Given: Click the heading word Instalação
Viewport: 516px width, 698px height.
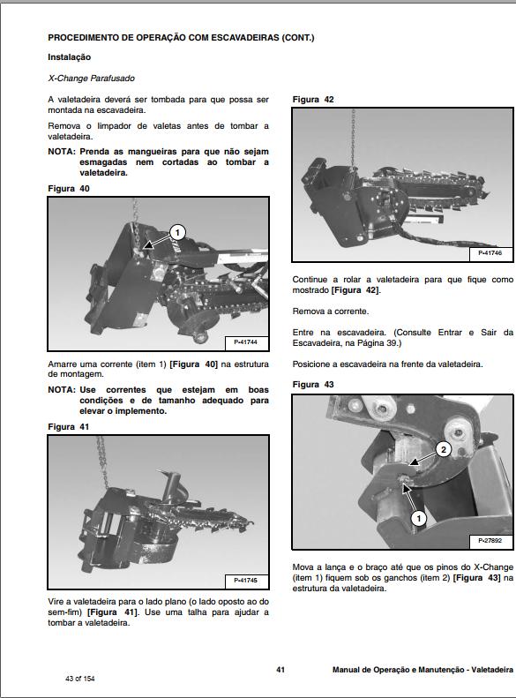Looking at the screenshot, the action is click(x=69, y=57).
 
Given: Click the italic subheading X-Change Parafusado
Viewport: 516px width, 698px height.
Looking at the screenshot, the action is click(x=91, y=79).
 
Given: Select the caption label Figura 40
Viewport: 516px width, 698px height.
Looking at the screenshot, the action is click(x=69, y=189).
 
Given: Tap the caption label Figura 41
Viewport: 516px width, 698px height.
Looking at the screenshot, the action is click(x=69, y=427).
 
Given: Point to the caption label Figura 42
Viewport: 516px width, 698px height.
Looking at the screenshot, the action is click(x=313, y=100).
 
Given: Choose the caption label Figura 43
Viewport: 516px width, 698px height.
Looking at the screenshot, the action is click(x=313, y=385).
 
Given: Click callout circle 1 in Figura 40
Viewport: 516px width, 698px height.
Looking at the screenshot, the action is click(x=177, y=232).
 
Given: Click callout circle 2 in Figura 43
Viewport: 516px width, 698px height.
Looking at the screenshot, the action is click(x=443, y=450).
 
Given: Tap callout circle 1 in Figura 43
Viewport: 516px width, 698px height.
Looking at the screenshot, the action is click(x=419, y=518).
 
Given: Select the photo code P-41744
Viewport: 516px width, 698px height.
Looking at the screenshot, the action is click(x=245, y=342).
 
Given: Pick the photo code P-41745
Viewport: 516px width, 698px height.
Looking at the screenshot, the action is click(x=245, y=581).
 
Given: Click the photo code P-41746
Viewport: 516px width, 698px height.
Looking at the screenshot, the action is click(x=490, y=253).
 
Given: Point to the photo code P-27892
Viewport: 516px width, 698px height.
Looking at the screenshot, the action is click(x=490, y=541).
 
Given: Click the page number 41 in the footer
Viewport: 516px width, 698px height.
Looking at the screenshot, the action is click(x=280, y=670).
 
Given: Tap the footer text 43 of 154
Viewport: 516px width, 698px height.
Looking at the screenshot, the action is click(x=79, y=679).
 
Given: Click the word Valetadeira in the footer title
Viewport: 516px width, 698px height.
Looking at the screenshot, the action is click(x=492, y=670).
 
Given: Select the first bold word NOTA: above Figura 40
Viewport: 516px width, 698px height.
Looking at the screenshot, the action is click(x=62, y=152).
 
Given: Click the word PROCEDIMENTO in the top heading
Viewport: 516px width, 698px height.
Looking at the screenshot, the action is click(x=83, y=38).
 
